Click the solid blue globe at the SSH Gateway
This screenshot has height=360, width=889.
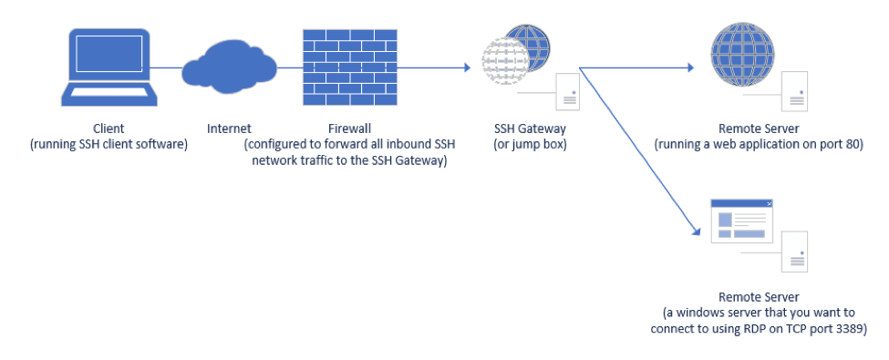[x=529, y=46]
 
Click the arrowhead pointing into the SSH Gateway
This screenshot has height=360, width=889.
[x=464, y=67]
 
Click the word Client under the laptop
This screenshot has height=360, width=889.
[x=108, y=129]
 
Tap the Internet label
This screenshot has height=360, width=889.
[x=229, y=129]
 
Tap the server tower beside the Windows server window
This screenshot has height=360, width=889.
[x=797, y=251]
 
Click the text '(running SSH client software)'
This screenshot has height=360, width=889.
[x=108, y=144]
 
